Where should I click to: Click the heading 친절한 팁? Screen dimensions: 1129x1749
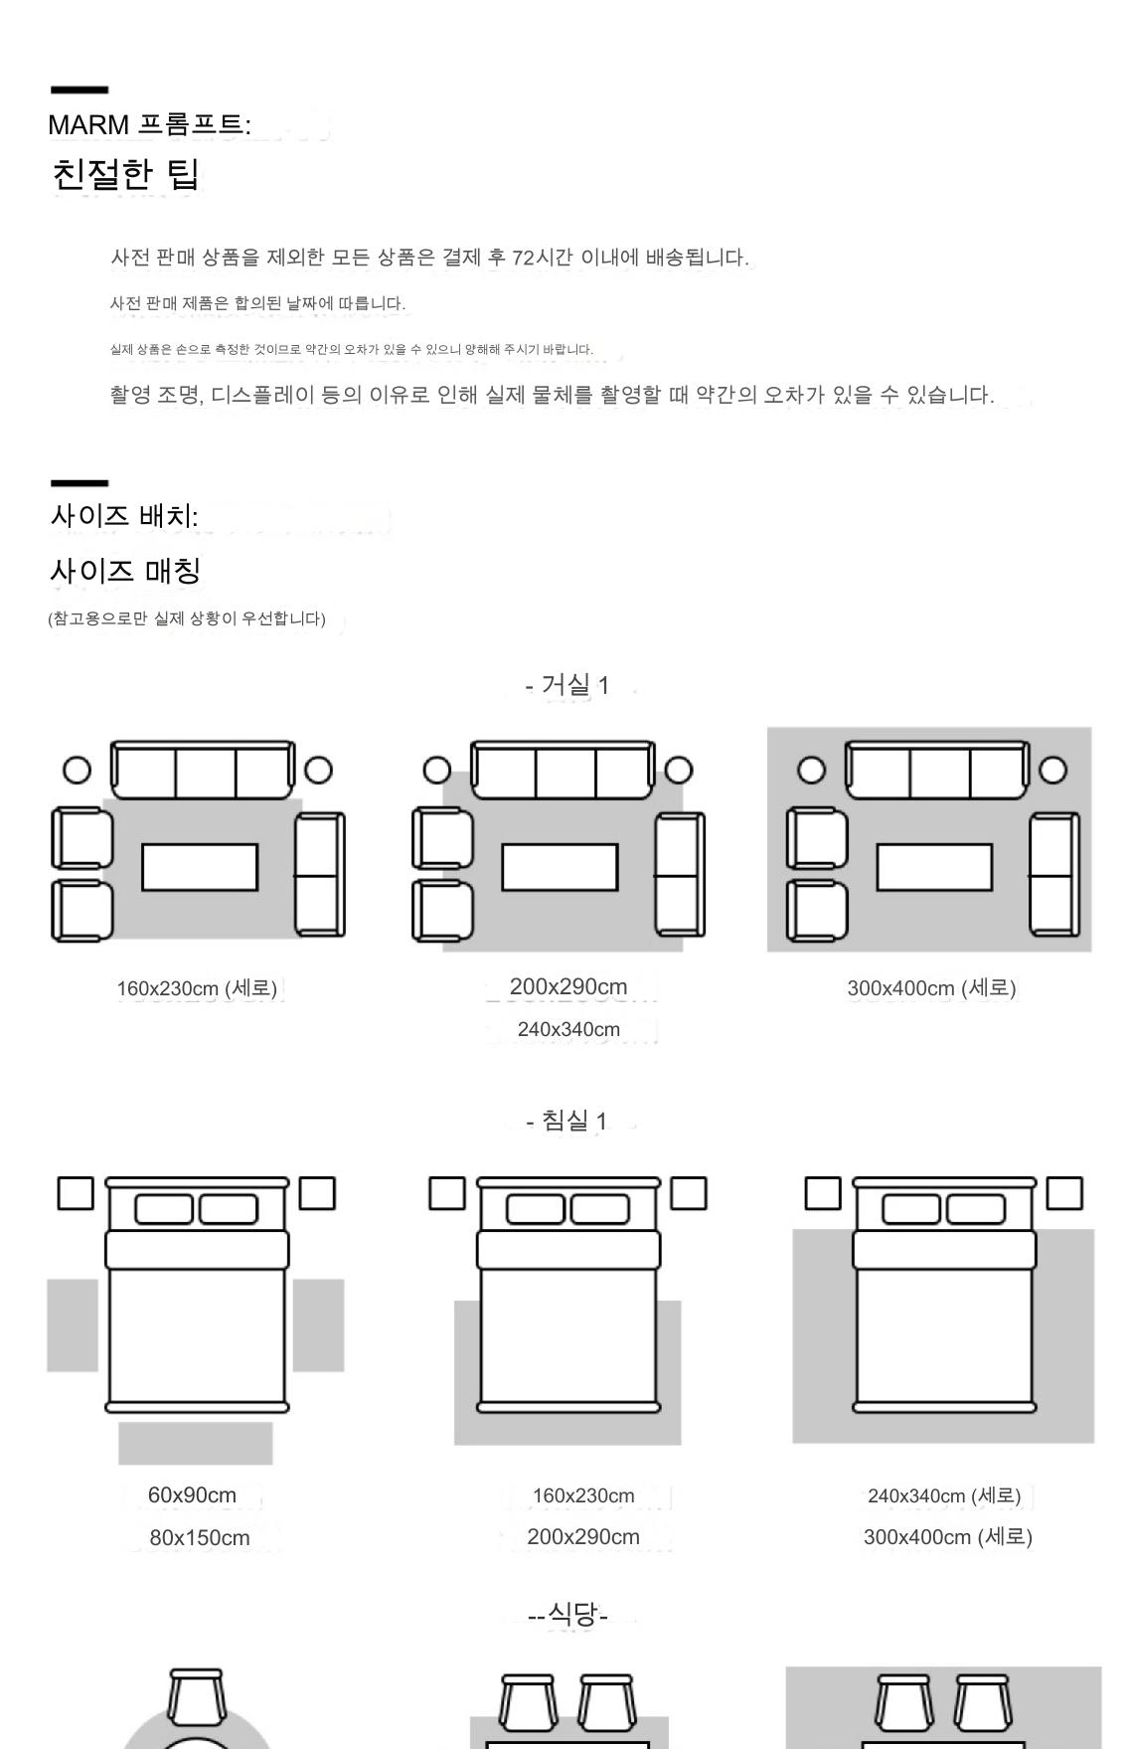125,174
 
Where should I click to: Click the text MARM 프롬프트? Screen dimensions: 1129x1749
149,125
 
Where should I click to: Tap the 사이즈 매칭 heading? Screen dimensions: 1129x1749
125,571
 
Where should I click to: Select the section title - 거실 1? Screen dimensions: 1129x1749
567,685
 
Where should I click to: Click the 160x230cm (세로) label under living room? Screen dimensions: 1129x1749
197,988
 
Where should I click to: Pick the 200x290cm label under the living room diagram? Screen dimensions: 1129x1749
568,986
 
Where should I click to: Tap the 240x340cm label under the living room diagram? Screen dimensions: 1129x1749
568,1029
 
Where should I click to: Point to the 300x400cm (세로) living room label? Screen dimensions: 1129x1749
931,988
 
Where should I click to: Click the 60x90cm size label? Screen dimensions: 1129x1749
192,1494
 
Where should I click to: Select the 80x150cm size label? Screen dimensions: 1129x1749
200,1537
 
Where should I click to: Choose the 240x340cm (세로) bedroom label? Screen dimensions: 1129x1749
944,1495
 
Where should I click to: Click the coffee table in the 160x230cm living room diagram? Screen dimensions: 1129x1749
200,867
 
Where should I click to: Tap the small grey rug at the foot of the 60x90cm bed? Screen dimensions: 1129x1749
196,1443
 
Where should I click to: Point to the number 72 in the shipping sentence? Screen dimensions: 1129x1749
523,258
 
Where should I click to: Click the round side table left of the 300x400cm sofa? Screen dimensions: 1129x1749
812,771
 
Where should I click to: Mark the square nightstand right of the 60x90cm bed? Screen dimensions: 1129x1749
317,1193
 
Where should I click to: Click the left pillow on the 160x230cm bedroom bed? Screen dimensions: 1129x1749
536,1209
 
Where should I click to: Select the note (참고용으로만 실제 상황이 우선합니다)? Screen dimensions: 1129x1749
187,618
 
